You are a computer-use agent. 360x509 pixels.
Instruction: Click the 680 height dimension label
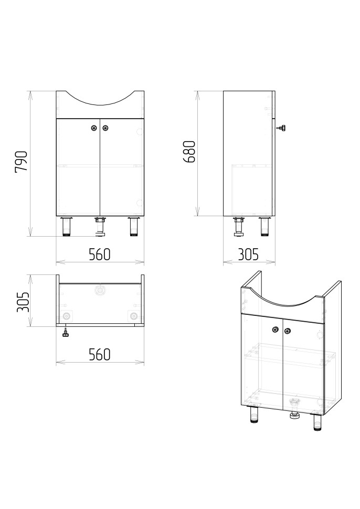(189, 152)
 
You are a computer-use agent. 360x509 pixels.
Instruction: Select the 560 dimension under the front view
(100, 254)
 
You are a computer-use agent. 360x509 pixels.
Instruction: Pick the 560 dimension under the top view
(100, 355)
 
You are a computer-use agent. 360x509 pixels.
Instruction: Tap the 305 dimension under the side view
(248, 254)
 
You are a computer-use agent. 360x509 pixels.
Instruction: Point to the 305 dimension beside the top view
(23, 302)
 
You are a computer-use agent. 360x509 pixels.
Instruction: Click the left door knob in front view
(94, 128)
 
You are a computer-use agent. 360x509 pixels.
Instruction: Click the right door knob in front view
(105, 128)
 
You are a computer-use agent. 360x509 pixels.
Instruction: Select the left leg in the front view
(67, 226)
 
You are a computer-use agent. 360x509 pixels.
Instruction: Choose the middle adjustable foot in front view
(100, 226)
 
